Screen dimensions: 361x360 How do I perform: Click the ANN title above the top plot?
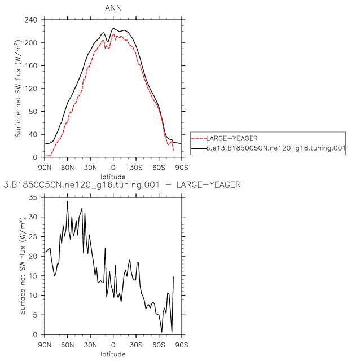tap(113, 8)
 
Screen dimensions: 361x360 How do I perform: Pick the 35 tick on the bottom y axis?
tap(36, 197)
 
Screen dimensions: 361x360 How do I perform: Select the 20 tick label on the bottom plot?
tap(36, 256)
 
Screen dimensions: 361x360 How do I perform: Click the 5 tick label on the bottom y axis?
tap(37, 315)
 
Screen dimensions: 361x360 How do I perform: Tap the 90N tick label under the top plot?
tap(45, 168)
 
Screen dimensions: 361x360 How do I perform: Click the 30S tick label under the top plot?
tap(136, 168)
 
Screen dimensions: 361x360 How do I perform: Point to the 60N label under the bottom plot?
tap(68, 346)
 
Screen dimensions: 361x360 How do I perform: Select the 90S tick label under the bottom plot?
tap(181, 346)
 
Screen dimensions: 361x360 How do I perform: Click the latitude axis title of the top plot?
tap(113, 176)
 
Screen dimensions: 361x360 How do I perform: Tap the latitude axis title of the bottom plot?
tap(113, 354)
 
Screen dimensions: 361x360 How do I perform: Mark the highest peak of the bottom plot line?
tap(68, 201)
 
